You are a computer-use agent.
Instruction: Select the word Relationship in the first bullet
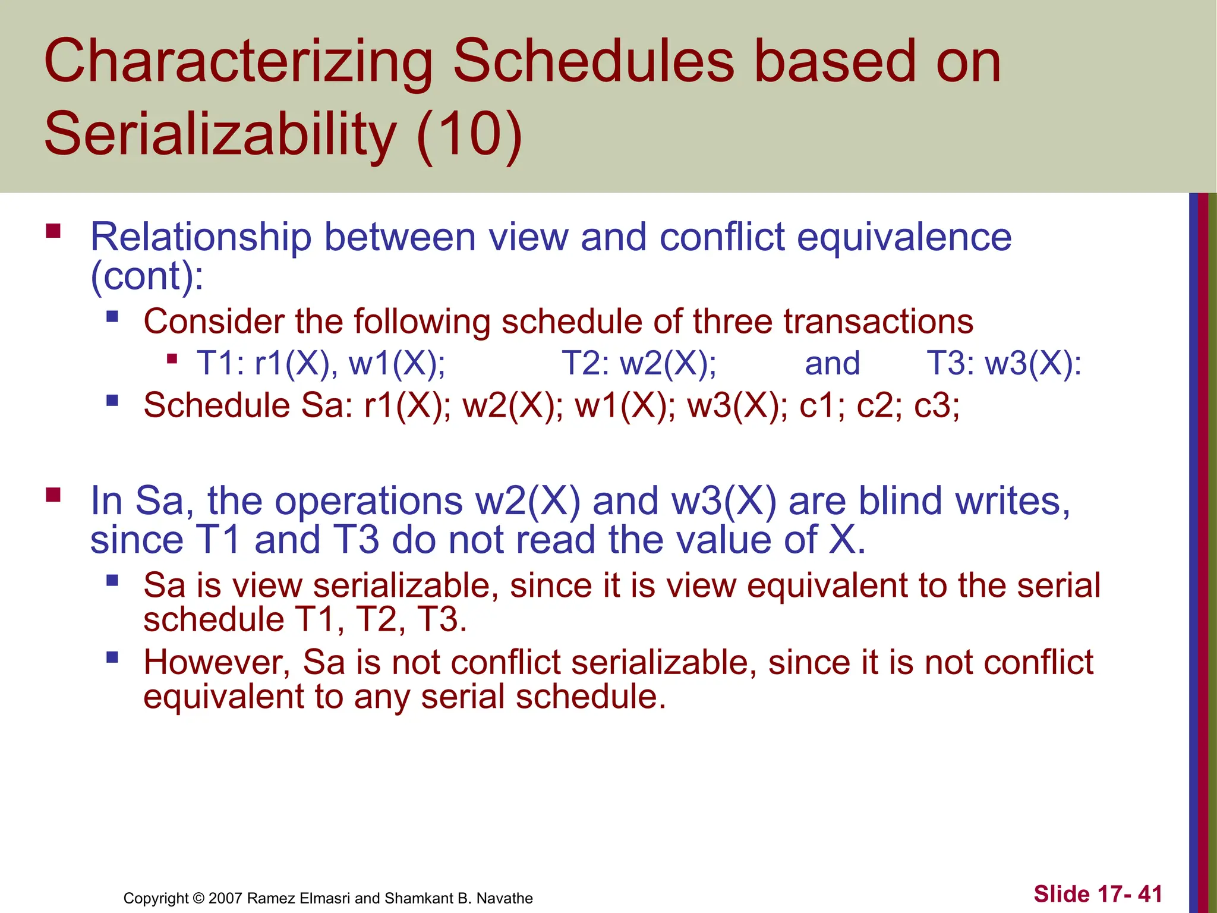200,237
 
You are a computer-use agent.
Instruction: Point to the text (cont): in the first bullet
146,276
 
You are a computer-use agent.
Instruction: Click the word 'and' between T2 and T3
832,363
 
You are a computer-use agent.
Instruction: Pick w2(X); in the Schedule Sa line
513,406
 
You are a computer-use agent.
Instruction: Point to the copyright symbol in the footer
198,898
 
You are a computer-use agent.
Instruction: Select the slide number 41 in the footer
1150,894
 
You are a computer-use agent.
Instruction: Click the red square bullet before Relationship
53,231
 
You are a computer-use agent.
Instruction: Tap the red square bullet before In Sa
53,495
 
